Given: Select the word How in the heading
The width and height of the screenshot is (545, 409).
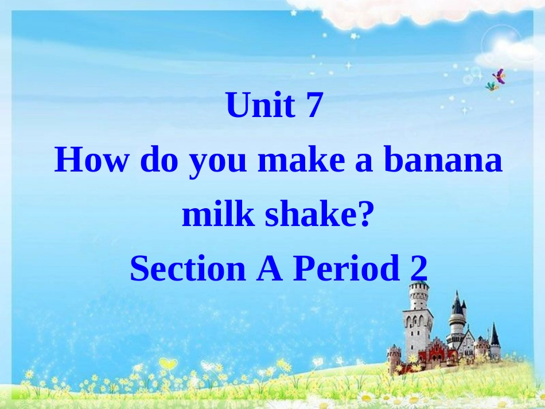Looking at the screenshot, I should (x=91, y=161).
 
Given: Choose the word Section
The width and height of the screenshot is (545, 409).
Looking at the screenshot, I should (x=187, y=268).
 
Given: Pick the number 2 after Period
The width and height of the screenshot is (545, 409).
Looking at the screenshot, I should (x=419, y=268).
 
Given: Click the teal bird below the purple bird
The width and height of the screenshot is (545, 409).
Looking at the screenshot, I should (x=492, y=86).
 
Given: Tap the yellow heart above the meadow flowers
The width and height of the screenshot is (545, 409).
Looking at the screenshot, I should (x=167, y=364).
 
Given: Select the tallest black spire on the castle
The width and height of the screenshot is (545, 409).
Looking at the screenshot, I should (x=457, y=304).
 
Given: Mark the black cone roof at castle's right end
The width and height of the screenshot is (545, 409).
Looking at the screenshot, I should (x=494, y=336).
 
